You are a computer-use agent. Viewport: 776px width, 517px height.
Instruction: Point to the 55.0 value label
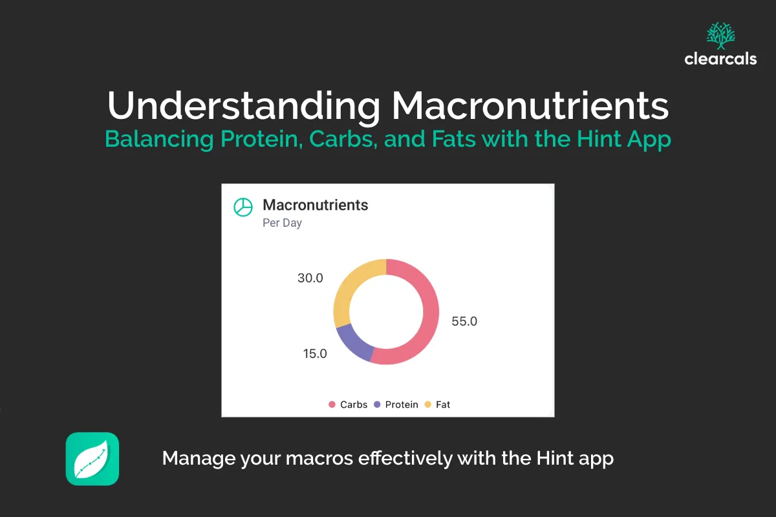[x=464, y=321]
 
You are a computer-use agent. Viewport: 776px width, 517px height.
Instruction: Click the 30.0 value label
[x=310, y=278]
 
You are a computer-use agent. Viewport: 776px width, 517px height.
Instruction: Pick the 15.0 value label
[x=315, y=353]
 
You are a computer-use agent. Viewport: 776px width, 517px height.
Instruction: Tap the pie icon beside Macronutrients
[x=242, y=206]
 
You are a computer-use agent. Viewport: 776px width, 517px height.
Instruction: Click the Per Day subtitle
[x=282, y=223]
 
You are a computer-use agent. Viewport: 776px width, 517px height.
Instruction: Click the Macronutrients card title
[x=315, y=205]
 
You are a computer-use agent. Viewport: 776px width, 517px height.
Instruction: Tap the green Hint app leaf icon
[x=92, y=459]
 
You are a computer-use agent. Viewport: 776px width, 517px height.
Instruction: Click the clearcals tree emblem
[x=720, y=36]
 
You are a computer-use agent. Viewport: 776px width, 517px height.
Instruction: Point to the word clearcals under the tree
[x=720, y=59]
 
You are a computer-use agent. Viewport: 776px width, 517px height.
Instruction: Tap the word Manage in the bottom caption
[x=198, y=458]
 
